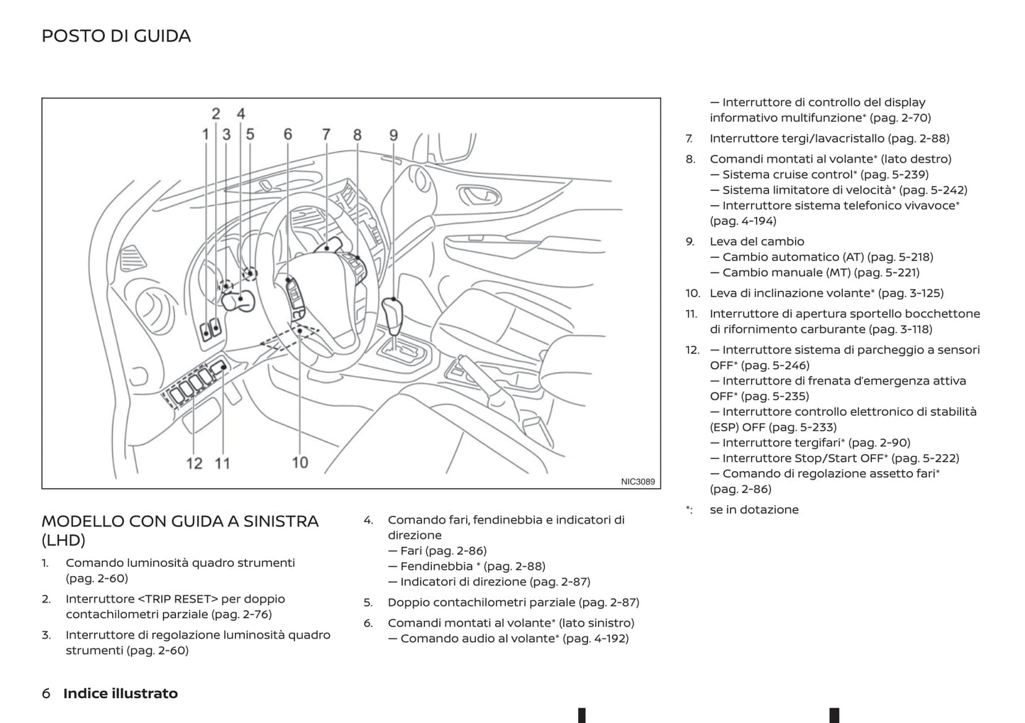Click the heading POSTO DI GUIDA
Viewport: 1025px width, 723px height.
(116, 36)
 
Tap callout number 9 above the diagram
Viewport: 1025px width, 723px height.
(393, 135)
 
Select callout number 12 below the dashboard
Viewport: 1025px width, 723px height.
(194, 463)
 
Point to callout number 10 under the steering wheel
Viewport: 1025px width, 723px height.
(299, 463)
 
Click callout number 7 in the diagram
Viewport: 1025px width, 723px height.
(326, 134)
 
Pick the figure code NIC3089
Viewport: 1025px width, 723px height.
(638, 482)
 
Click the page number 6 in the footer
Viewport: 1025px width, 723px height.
(46, 693)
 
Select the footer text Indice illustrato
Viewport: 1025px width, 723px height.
(121, 693)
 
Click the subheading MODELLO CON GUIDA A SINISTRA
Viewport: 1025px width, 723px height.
(180, 521)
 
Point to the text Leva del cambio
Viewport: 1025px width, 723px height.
(757, 241)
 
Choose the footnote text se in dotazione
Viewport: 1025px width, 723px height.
(754, 509)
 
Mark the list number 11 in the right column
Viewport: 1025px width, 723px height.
(691, 314)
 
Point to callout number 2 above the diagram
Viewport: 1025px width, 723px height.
(216, 114)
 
